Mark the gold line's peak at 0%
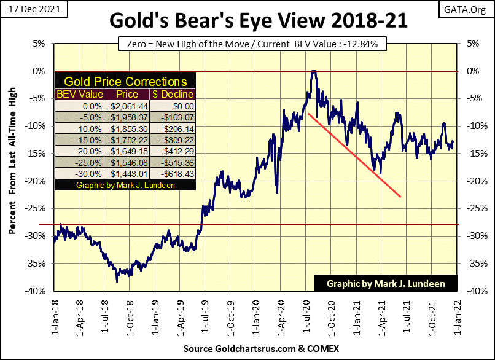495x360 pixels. click(314, 72)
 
